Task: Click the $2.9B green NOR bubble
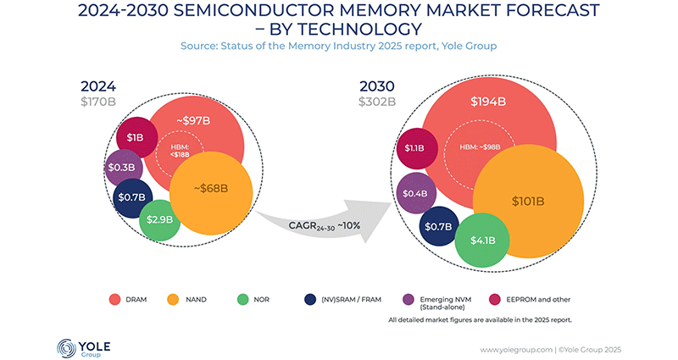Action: pyautogui.click(x=159, y=219)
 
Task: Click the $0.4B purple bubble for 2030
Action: pyautogui.click(x=415, y=193)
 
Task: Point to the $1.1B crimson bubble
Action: pyautogui.click(x=416, y=149)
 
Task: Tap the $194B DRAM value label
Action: pyautogui.click(x=487, y=101)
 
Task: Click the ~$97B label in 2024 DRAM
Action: pyautogui.click(x=195, y=119)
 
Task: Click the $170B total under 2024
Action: pyautogui.click(x=101, y=103)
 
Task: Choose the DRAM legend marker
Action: pyautogui.click(x=113, y=298)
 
